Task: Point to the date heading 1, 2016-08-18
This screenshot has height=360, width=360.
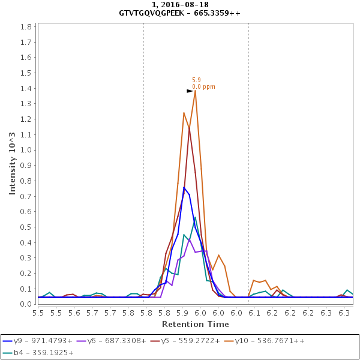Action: (x=179, y=5)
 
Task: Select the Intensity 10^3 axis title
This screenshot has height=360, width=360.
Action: (x=13, y=163)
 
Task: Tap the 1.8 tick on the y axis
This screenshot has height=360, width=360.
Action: (x=26, y=27)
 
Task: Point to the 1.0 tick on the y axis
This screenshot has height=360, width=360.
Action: (x=26, y=150)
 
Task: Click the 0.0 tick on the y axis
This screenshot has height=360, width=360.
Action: (x=26, y=304)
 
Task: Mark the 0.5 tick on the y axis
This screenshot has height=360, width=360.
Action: (x=26, y=227)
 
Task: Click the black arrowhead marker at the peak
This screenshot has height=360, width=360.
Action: (x=190, y=91)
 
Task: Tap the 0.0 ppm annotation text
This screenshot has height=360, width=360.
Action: (x=203, y=87)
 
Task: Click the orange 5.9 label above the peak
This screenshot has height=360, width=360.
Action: (x=196, y=80)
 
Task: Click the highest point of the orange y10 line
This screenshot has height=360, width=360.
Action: (x=195, y=91)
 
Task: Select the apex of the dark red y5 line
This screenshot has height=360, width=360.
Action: (x=190, y=127)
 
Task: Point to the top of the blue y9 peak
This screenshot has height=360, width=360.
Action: (x=184, y=187)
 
